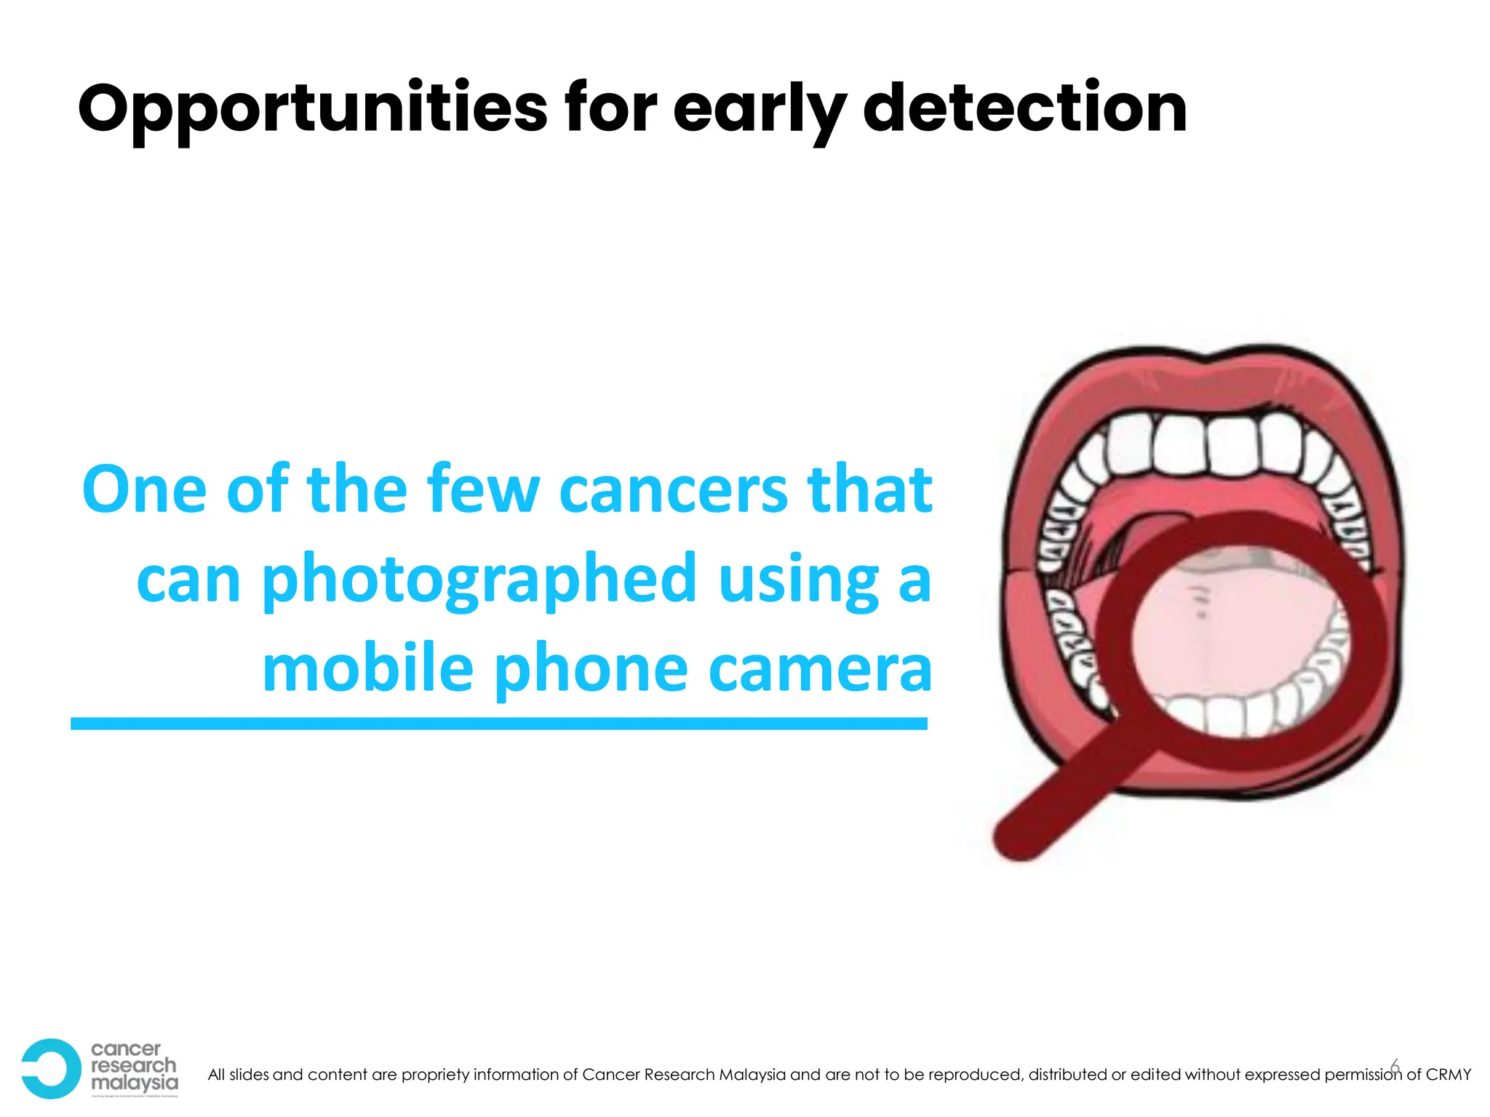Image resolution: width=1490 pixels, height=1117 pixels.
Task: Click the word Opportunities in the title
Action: (312, 110)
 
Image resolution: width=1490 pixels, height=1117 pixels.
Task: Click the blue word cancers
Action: (674, 489)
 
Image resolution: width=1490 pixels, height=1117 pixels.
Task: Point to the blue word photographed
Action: (479, 580)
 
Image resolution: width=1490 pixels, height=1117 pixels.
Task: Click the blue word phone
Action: (591, 670)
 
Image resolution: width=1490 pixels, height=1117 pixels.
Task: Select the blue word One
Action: (145, 489)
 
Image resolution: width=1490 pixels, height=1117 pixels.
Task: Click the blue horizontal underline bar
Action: (499, 724)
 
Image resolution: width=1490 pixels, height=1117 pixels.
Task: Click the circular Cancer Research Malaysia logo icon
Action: (50, 1068)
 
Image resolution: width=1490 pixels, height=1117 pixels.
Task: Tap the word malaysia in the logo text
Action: (134, 1083)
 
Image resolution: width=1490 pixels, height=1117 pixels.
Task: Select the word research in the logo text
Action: (134, 1065)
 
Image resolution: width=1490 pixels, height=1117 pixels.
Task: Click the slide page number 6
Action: (1394, 1066)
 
